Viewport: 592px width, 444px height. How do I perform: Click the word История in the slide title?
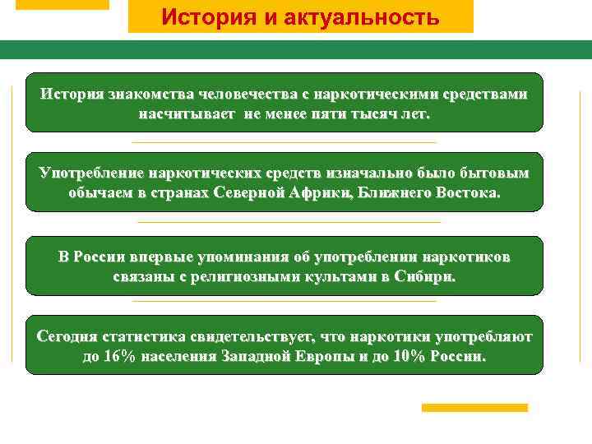click(x=198, y=16)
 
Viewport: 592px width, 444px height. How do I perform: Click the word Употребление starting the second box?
click(x=90, y=173)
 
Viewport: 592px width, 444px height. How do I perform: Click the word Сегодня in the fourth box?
click(x=67, y=337)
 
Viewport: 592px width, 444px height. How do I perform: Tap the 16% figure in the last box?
click(x=120, y=357)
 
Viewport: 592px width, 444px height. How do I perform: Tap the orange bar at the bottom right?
click(x=474, y=408)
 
